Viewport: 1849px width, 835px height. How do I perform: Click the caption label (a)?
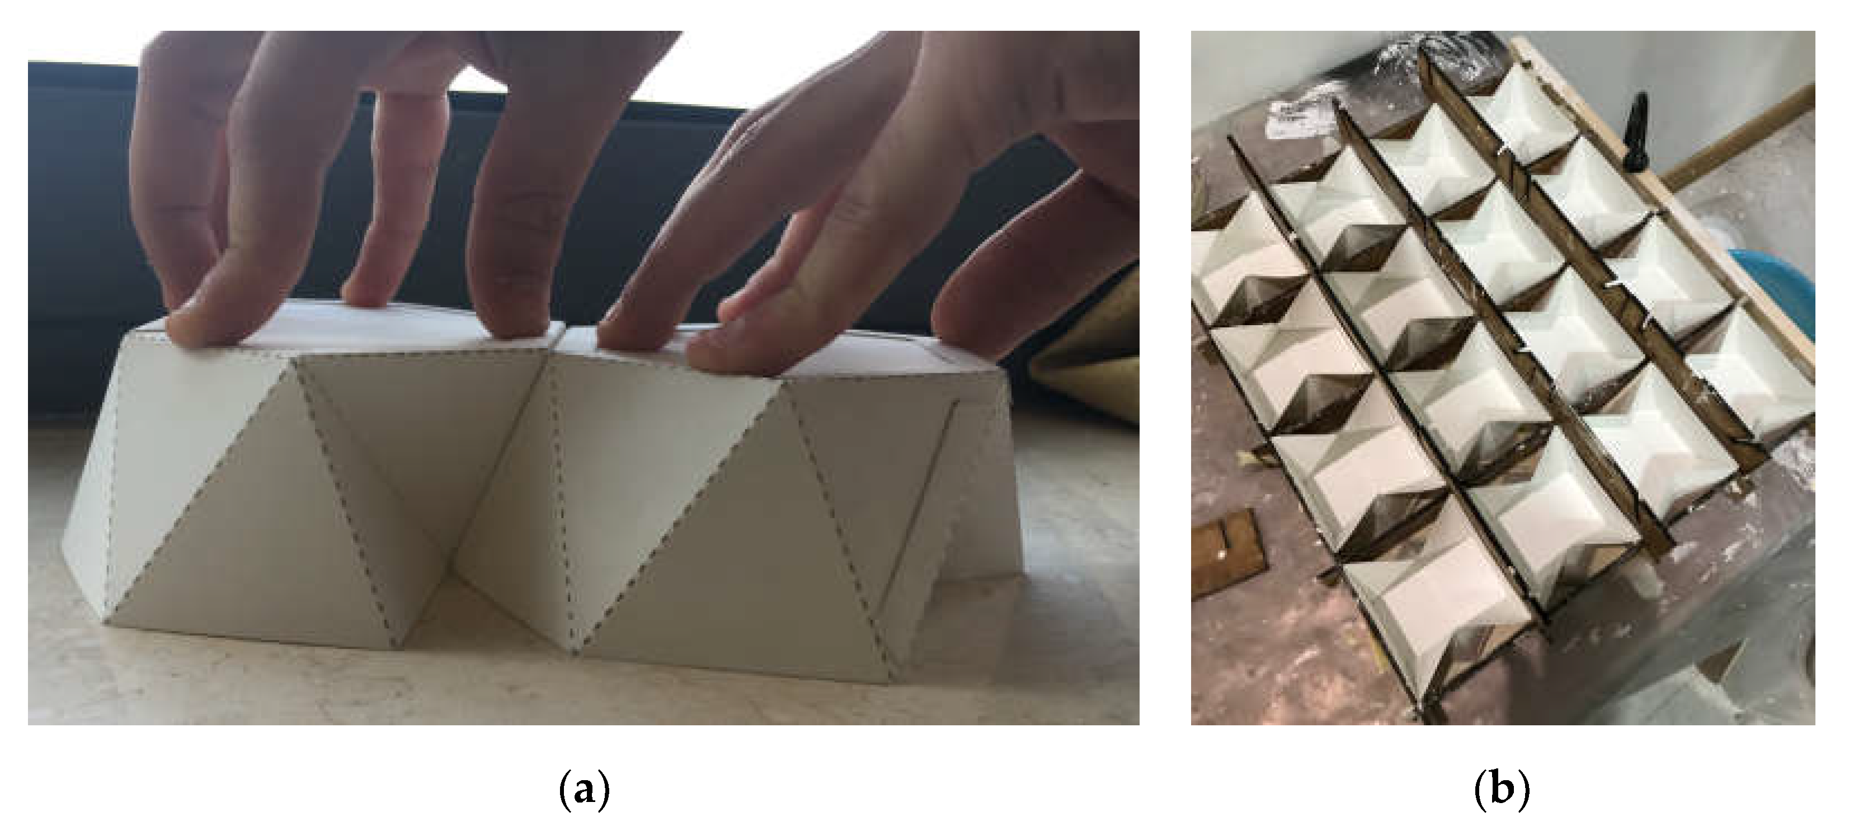pos(584,790)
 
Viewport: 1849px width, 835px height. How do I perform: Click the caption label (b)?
pos(1502,790)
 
